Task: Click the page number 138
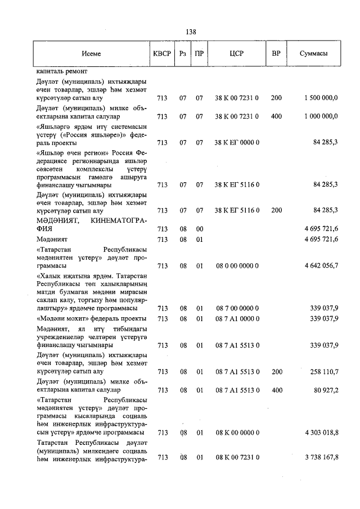click(x=191, y=32)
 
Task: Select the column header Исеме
click(x=91, y=54)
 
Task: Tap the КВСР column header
click(x=162, y=54)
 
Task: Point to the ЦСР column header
click(x=236, y=54)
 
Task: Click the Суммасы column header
click(x=314, y=54)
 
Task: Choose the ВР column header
click(x=276, y=54)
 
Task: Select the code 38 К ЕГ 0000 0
click(x=237, y=142)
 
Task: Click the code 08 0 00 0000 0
click(x=237, y=265)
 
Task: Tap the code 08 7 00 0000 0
click(x=237, y=308)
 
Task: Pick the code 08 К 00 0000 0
click(x=237, y=433)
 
